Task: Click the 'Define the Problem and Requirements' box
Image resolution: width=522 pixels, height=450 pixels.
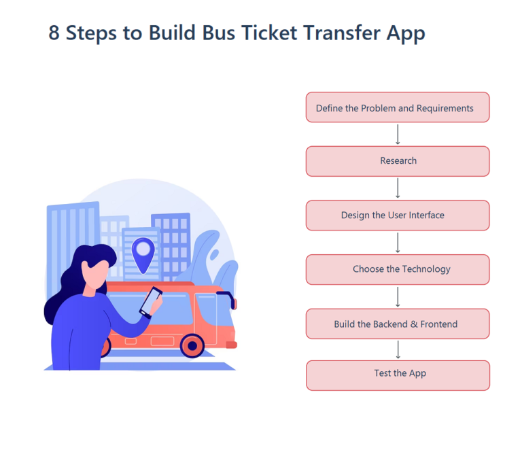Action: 398,107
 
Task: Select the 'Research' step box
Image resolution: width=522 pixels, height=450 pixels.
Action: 398,161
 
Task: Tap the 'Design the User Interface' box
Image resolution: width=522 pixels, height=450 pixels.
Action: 398,215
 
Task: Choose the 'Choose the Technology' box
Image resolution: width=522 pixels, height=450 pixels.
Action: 398,269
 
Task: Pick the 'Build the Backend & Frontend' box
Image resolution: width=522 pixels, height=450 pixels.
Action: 398,324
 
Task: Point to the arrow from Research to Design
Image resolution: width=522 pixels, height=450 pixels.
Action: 398,188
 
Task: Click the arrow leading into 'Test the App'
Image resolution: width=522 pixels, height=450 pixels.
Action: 398,349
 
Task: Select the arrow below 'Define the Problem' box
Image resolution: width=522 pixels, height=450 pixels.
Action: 398,134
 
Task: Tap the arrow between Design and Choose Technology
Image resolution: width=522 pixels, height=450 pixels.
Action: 398,243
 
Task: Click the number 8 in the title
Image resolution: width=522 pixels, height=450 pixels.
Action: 54,33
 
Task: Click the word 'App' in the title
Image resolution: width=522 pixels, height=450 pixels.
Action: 406,33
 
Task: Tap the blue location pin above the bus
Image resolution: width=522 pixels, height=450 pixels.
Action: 143,253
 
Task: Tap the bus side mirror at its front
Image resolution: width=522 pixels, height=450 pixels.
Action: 231,300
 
